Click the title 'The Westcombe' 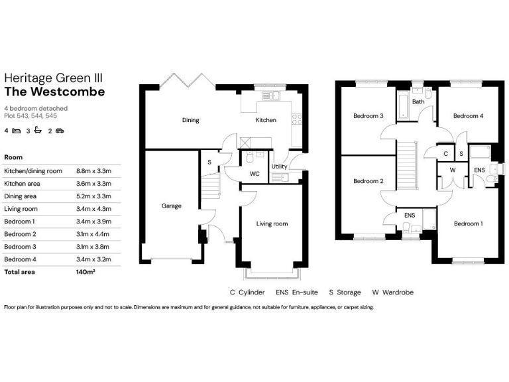[x=54, y=92]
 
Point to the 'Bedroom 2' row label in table [x=19, y=234]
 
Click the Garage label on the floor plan [x=171, y=206]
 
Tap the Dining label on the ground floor [x=191, y=120]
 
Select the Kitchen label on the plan [x=266, y=120]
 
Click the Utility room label [x=279, y=166]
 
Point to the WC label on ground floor [x=254, y=174]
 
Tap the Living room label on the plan [x=272, y=224]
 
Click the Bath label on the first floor [x=418, y=102]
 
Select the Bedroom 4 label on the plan [x=468, y=116]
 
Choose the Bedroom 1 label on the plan [x=468, y=224]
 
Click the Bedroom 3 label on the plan [x=368, y=116]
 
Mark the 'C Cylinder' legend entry [x=247, y=292]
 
